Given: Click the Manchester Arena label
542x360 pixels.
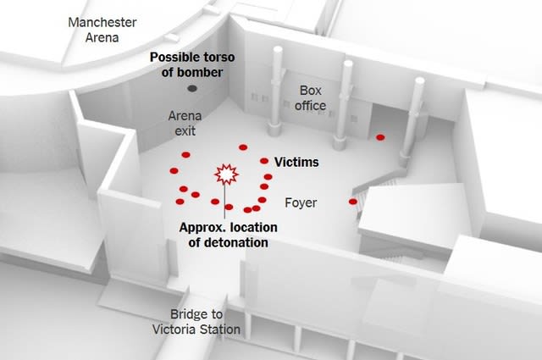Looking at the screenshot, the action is (102, 30).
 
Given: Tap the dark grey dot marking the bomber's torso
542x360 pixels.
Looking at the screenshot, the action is (192, 89).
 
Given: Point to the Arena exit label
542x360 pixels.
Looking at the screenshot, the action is (185, 124).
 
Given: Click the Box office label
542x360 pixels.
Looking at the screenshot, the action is (311, 98).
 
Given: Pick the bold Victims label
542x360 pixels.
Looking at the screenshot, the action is (296, 162).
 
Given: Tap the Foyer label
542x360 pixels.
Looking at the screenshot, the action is (301, 202).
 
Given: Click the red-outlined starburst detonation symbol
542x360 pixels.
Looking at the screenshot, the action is (226, 174).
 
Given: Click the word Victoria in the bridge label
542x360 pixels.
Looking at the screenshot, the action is (174, 330).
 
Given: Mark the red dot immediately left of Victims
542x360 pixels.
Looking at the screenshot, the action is (264, 161).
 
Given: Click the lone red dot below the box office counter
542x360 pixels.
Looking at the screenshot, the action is (380, 137).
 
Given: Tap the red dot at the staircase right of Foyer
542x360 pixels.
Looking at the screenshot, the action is (353, 202).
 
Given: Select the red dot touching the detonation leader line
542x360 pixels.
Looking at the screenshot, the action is (229, 208).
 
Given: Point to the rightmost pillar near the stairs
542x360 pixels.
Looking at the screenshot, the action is (412, 121).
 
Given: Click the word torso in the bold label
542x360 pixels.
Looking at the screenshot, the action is (218, 57).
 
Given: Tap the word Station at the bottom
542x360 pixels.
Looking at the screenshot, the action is (219, 330).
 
